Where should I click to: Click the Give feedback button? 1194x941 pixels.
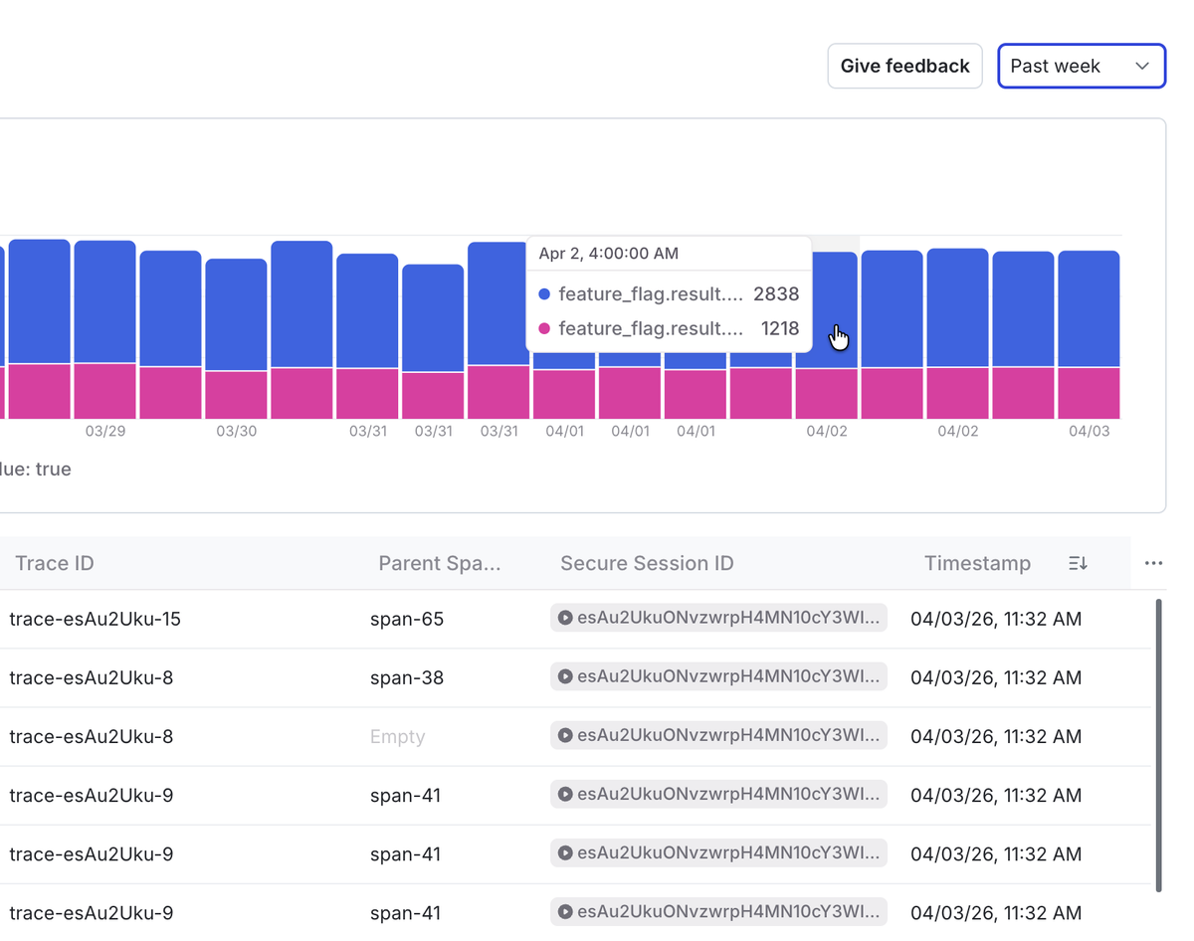click(x=904, y=66)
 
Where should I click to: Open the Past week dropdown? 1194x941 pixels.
click(x=1081, y=66)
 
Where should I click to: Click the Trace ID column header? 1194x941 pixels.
click(x=55, y=563)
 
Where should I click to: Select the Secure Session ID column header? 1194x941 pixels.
click(x=647, y=563)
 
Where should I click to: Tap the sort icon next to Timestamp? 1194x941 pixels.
click(x=1078, y=563)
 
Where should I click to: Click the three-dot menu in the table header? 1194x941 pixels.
click(x=1153, y=563)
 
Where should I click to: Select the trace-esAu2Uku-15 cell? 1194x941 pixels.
click(x=95, y=619)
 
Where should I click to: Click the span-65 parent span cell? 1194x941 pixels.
click(x=407, y=619)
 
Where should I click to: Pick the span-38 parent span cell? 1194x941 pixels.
click(x=407, y=677)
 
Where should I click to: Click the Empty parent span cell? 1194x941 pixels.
click(x=397, y=736)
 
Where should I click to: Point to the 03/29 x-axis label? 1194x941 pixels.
click(x=105, y=431)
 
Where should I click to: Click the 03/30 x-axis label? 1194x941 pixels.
click(x=237, y=431)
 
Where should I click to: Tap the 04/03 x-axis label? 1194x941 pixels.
click(x=1090, y=431)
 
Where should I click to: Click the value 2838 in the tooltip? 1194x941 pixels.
click(x=776, y=293)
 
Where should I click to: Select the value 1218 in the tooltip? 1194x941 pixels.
click(x=779, y=328)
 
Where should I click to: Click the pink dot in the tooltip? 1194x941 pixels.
click(x=544, y=328)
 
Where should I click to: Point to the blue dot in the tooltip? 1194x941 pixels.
click(x=544, y=294)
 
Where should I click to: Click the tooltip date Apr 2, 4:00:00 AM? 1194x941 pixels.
click(x=609, y=254)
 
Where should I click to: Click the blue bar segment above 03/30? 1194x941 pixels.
click(x=237, y=314)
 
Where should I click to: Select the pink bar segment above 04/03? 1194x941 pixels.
click(x=1089, y=393)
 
